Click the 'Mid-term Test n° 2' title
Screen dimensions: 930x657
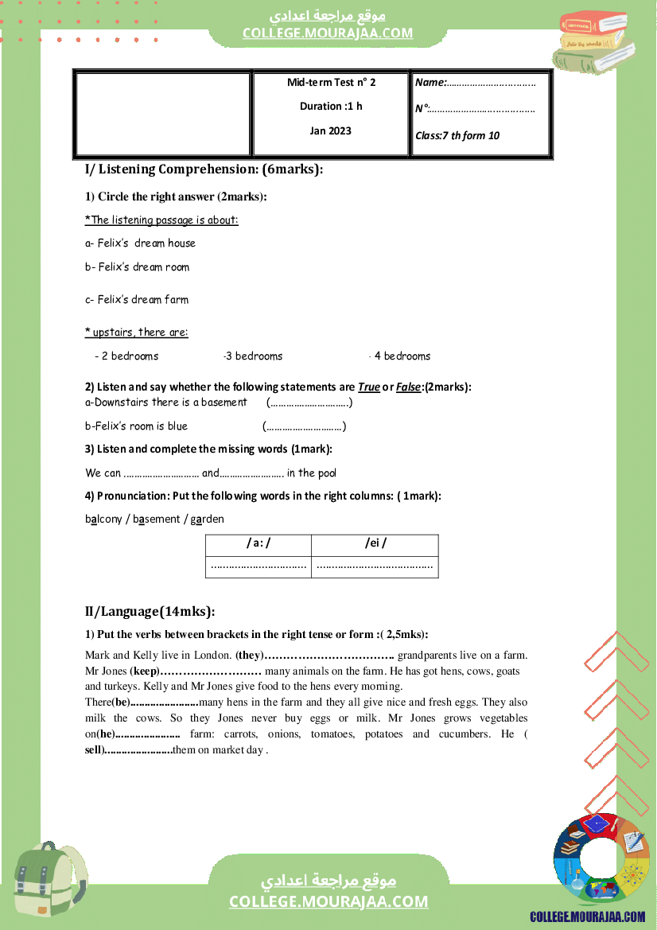(331, 83)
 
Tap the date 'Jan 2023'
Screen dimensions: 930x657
(330, 131)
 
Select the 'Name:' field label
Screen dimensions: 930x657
(431, 83)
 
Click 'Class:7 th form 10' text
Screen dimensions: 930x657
(457, 136)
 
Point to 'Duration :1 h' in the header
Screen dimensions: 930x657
(331, 107)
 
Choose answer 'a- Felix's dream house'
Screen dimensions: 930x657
(140, 243)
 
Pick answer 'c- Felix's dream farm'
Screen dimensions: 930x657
(137, 300)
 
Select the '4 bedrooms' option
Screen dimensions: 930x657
(402, 356)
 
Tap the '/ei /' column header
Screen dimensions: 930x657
(375, 543)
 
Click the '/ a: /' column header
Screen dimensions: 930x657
(259, 543)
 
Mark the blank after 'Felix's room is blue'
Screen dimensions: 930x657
(304, 426)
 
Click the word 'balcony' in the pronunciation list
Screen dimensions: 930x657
(103, 519)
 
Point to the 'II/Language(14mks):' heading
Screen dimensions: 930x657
(150, 611)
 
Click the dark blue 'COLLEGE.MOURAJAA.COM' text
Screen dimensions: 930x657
(588, 917)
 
